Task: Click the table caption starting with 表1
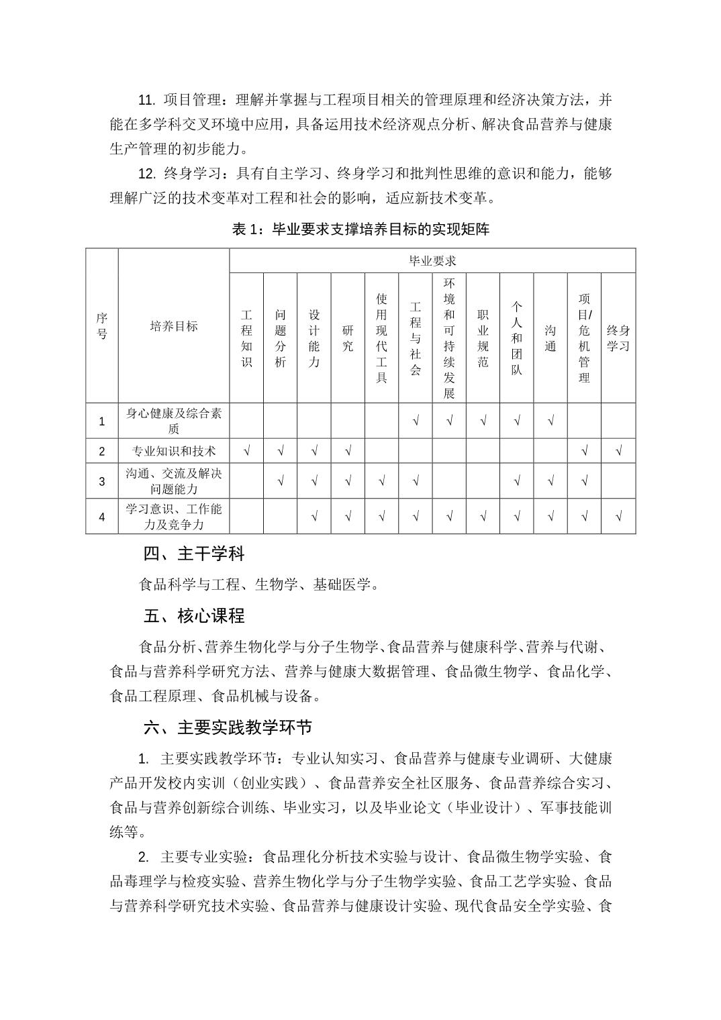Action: click(360, 229)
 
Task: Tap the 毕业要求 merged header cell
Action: click(432, 260)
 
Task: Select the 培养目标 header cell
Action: click(174, 326)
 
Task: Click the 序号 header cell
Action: click(102, 325)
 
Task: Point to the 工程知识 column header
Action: click(246, 338)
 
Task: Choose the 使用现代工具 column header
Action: click(381, 338)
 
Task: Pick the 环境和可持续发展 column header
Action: click(449, 338)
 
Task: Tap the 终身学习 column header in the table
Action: click(618, 338)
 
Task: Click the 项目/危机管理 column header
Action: click(584, 338)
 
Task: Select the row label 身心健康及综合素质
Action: click(174, 421)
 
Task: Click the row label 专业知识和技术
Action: click(174, 451)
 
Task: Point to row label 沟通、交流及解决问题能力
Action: click(174, 481)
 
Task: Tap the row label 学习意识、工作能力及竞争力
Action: click(174, 516)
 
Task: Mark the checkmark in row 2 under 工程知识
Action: click(246, 451)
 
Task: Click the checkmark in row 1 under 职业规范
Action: click(483, 421)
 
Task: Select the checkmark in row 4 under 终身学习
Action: click(618, 517)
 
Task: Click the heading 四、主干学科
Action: click(194, 554)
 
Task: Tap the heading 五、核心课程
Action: click(194, 615)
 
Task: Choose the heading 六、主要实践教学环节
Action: click(228, 727)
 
